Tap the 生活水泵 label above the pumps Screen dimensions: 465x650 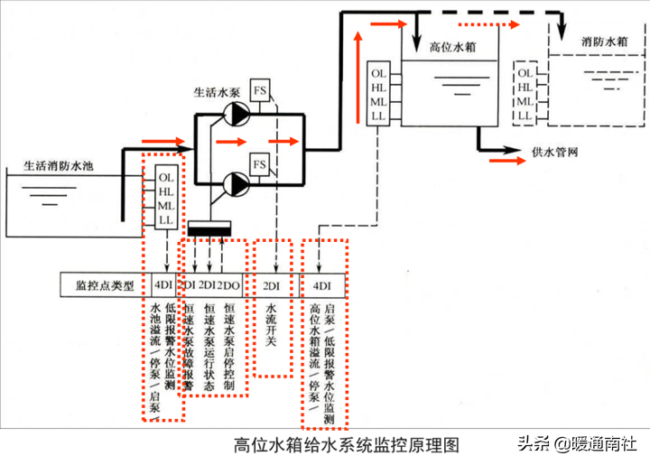pos(218,92)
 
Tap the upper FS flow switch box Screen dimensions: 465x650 pos(260,91)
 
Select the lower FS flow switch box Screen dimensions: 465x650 pos(260,164)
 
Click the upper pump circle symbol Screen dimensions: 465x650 pos(237,113)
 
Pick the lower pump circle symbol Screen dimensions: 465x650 pos(237,186)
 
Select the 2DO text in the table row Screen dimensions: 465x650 pos(231,286)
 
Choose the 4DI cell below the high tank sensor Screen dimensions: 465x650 pos(322,286)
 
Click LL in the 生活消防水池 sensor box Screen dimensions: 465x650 pos(165,220)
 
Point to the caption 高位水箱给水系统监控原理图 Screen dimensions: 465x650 pos(347,445)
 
